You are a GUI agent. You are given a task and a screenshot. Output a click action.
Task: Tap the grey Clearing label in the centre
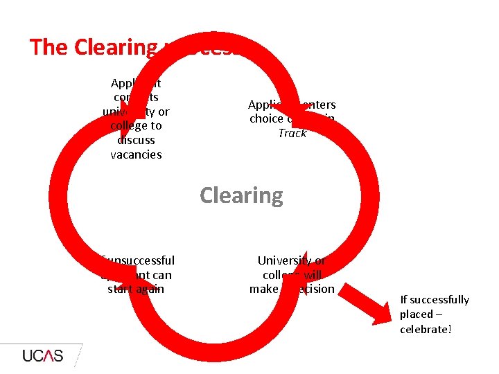click(241, 195)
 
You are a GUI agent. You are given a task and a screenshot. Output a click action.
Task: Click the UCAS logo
click(42, 356)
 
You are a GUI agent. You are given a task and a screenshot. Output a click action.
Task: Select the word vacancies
click(136, 154)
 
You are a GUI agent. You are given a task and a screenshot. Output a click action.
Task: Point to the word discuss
click(136, 140)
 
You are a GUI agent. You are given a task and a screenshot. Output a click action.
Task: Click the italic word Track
click(292, 133)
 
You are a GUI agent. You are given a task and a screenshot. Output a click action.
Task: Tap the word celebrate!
click(426, 329)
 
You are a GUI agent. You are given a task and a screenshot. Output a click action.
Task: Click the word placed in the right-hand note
click(416, 314)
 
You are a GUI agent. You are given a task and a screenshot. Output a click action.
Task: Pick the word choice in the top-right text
click(265, 118)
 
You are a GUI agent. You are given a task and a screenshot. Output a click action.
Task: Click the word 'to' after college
click(156, 125)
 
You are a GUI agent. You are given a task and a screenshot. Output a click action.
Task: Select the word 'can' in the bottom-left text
click(161, 275)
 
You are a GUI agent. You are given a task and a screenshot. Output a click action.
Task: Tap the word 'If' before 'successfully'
click(404, 299)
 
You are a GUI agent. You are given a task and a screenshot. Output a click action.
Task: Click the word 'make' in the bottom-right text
click(263, 289)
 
